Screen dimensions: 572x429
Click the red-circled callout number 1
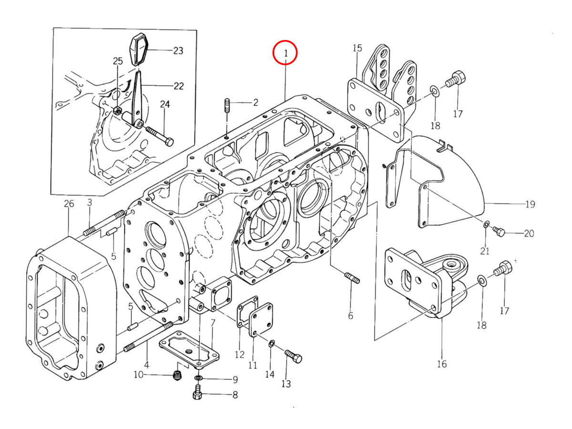point(286,53)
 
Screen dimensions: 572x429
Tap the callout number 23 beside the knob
point(178,51)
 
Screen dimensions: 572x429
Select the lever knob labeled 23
point(139,49)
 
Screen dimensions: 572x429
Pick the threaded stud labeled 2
point(227,105)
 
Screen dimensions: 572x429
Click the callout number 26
point(69,204)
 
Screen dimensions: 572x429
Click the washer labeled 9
point(198,378)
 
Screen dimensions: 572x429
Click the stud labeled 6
point(352,278)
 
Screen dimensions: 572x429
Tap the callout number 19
point(530,204)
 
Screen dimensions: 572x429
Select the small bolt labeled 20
point(499,231)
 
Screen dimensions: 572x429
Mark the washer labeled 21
point(487,224)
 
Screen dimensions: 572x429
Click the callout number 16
point(442,364)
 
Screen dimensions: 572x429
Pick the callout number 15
point(357,48)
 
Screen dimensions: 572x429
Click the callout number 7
point(213,323)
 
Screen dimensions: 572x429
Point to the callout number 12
point(239,355)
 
